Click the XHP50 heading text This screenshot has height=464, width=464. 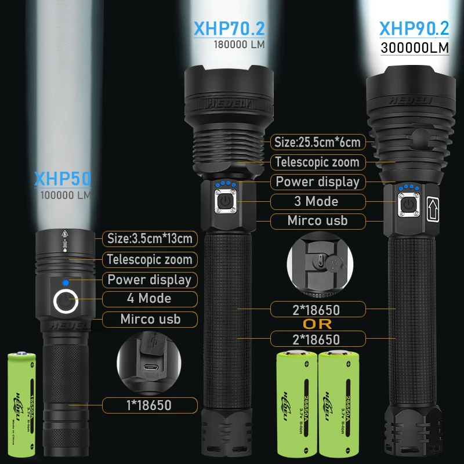pos(63,179)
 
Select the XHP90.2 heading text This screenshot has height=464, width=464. pos(414,28)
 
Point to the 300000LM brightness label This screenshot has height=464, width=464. pos(415,47)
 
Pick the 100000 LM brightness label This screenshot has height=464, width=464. pos(66,195)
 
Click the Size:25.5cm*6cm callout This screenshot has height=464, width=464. pos(318,142)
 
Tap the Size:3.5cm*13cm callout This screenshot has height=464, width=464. pos(150,238)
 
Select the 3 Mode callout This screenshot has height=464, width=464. pos(317,201)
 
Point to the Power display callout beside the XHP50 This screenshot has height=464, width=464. pos(149,280)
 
